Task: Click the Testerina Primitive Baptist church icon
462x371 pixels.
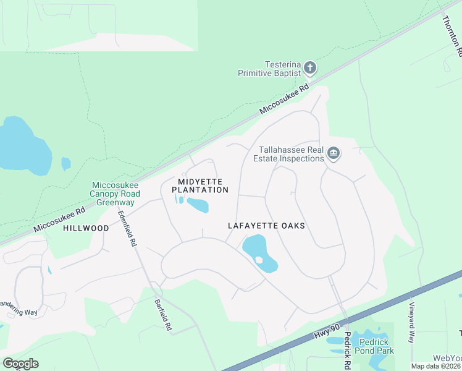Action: point(310,67)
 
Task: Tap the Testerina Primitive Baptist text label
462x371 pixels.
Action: point(270,69)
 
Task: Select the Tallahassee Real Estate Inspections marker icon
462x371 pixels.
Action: point(334,153)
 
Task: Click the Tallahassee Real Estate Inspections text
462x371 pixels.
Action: point(288,154)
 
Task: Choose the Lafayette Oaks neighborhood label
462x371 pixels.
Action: point(266,226)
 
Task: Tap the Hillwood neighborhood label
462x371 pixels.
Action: point(86,228)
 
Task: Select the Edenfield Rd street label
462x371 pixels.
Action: point(127,229)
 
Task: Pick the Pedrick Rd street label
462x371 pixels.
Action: point(348,346)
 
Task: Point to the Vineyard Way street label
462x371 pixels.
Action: point(411,322)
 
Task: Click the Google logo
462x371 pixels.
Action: point(20,364)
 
